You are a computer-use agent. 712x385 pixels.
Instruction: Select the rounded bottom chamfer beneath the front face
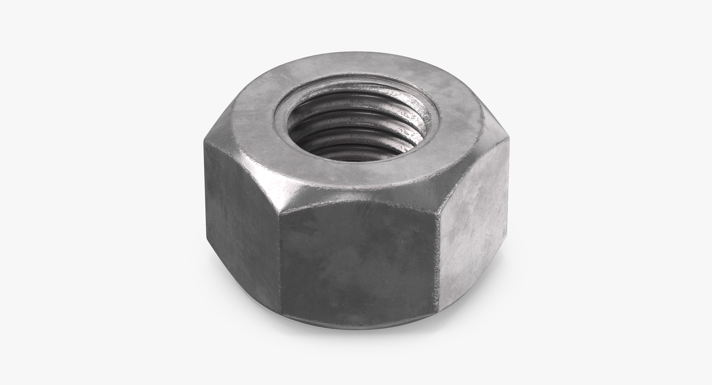click(359, 330)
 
